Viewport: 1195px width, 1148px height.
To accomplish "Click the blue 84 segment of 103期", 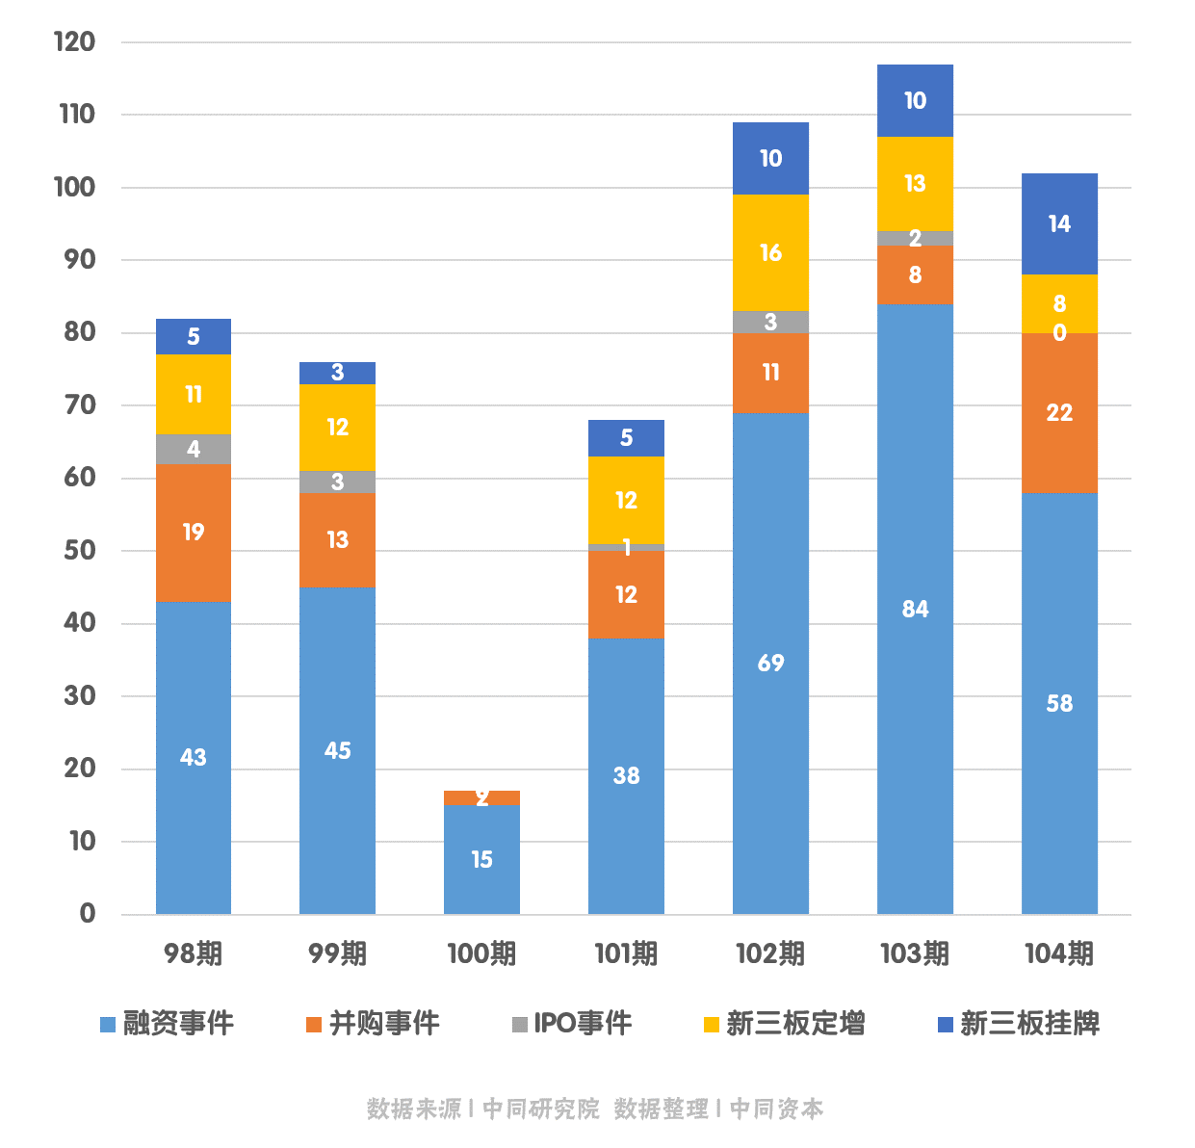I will (x=915, y=609).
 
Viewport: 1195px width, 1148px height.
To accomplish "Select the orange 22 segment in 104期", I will (x=1059, y=412).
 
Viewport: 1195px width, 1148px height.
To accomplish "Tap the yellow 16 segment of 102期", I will (x=770, y=252).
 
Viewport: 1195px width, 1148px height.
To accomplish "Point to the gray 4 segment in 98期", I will (x=194, y=449).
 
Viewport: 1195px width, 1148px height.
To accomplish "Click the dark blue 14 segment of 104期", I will (x=1059, y=223).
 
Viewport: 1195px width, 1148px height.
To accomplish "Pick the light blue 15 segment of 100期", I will (x=481, y=859).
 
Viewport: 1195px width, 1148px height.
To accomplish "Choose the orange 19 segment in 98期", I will (x=194, y=533).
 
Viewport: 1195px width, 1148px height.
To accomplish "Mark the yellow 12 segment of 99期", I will (x=337, y=427).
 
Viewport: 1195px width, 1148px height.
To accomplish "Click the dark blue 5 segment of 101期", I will (x=626, y=438).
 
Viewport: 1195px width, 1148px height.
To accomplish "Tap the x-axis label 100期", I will (x=481, y=953).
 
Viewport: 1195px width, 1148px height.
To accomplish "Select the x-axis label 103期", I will (x=915, y=953).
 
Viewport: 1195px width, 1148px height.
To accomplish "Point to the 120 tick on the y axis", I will (x=75, y=41).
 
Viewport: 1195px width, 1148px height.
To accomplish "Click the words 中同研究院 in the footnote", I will (x=540, y=1109).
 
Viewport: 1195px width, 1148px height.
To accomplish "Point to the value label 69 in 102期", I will (x=770, y=663).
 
